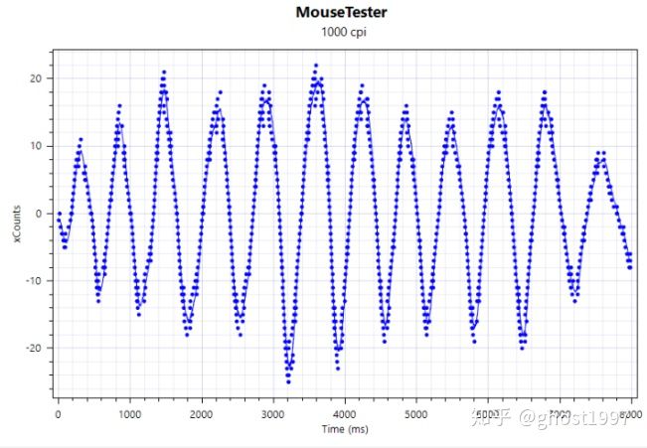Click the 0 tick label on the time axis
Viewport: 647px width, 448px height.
pyautogui.click(x=58, y=410)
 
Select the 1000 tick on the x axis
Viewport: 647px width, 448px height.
pyautogui.click(x=129, y=410)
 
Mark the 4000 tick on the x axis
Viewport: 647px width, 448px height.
pyautogui.click(x=345, y=410)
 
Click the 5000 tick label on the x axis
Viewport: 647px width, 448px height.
pyautogui.click(x=416, y=410)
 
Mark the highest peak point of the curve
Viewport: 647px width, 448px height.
pyautogui.click(x=316, y=66)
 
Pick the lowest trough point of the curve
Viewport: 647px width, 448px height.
pyautogui.click(x=288, y=380)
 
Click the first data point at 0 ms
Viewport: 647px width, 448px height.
pyautogui.click(x=59, y=214)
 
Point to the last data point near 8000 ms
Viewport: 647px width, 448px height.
pyautogui.click(x=630, y=266)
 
